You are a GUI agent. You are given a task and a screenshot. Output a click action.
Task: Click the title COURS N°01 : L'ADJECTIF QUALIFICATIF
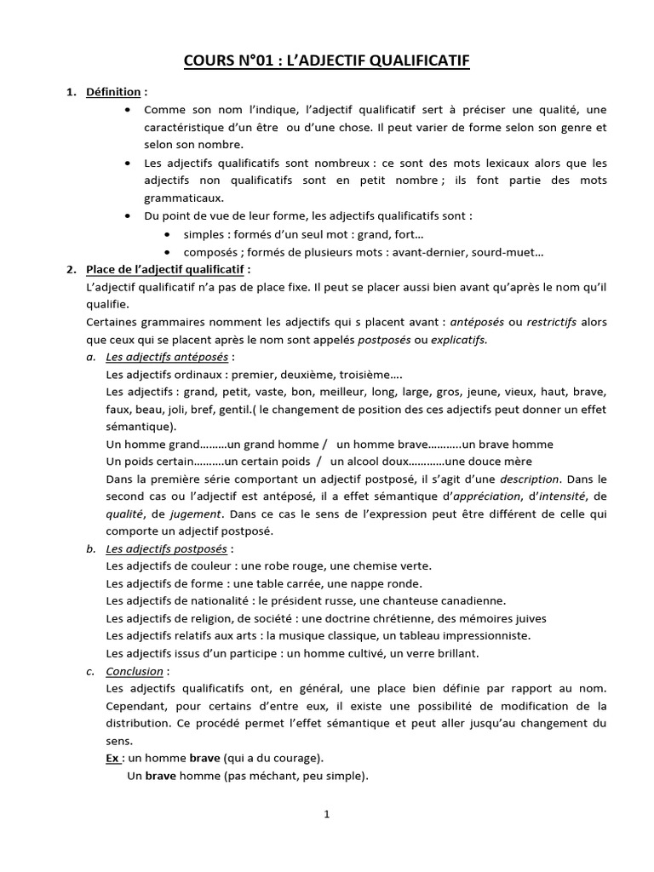[327, 60]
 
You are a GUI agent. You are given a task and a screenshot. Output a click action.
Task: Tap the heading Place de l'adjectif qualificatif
[165, 270]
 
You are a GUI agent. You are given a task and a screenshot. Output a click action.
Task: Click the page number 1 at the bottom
[327, 814]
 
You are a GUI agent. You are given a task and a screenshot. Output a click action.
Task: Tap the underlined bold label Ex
[112, 758]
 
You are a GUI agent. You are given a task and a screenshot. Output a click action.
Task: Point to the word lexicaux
[502, 163]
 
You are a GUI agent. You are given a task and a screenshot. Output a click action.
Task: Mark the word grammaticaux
[183, 198]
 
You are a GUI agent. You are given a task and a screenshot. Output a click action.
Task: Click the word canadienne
[465, 600]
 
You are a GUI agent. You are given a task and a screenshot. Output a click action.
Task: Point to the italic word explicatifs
[457, 340]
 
